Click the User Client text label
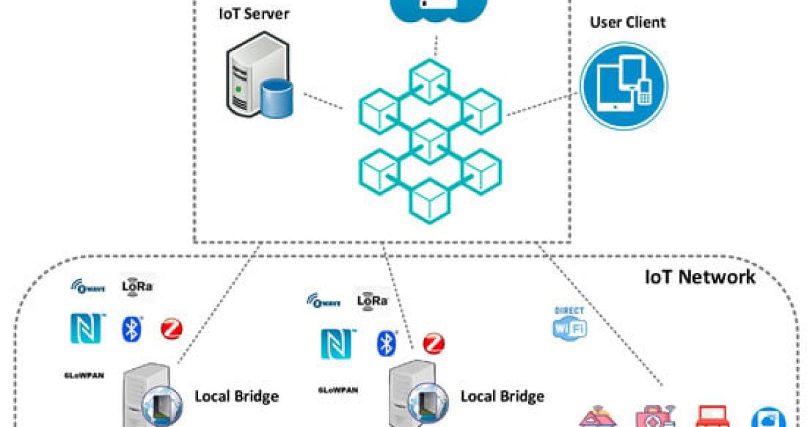click(627, 23)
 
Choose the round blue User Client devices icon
click(624, 83)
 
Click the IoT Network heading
click(700, 277)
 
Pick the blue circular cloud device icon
click(781, 418)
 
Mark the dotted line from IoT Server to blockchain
click(323, 100)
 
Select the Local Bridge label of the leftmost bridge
click(236, 396)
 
